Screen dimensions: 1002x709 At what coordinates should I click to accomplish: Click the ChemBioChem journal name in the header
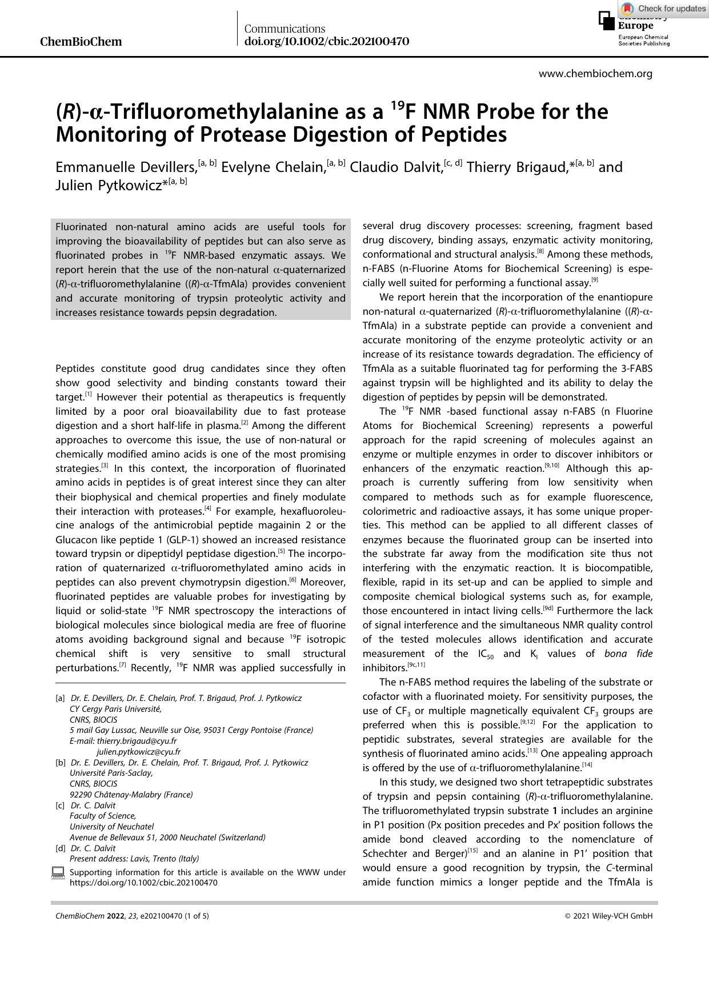coord(81,42)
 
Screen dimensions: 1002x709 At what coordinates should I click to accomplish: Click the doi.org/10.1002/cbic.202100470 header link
coord(326,42)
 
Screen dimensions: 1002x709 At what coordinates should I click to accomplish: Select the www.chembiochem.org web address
coord(595,74)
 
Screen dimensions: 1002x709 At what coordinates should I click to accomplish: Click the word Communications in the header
coord(285,29)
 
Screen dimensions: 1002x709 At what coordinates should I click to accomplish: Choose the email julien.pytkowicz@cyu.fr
coord(139,752)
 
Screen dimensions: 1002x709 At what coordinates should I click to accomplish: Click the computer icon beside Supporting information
coord(58,872)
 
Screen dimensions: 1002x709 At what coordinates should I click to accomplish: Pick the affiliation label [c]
coord(60,805)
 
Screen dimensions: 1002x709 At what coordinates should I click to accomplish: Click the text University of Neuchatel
coord(111,827)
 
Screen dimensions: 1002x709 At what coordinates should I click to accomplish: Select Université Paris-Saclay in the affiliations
coord(111,773)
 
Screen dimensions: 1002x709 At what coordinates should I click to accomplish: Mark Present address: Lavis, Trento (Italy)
coord(134,859)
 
